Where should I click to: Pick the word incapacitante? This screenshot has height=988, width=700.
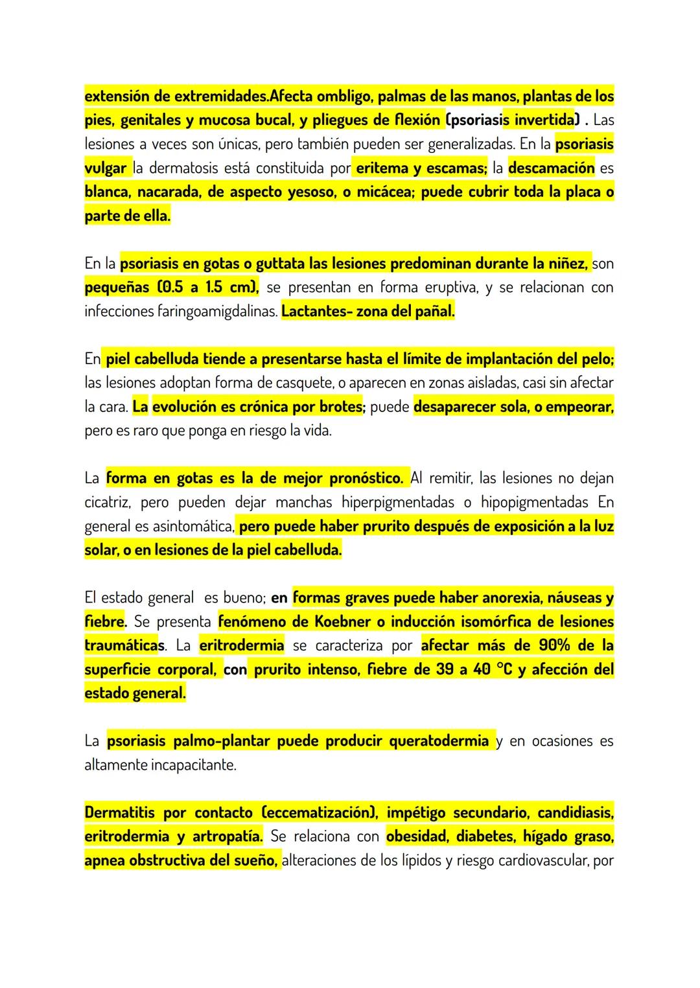(194, 764)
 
